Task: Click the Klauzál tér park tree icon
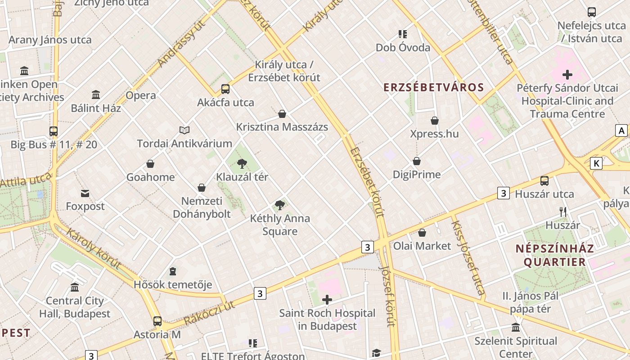[242, 163]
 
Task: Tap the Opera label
[141, 95]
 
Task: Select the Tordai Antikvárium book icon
[184, 130]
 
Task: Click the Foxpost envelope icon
[85, 193]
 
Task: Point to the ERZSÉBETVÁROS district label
[433, 87]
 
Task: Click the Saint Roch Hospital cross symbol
[327, 300]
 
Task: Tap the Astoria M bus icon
[157, 321]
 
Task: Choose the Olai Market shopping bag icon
[422, 233]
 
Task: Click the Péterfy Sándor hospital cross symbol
[567, 75]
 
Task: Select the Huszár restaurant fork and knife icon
[562, 211]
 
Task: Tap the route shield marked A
[621, 130]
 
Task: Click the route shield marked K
[596, 163]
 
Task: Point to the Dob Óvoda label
[403, 47]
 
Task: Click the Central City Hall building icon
[75, 287]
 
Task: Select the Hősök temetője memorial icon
[173, 271]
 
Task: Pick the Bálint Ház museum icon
[96, 95]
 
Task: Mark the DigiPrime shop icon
[417, 161]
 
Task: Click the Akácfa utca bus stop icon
[225, 89]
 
